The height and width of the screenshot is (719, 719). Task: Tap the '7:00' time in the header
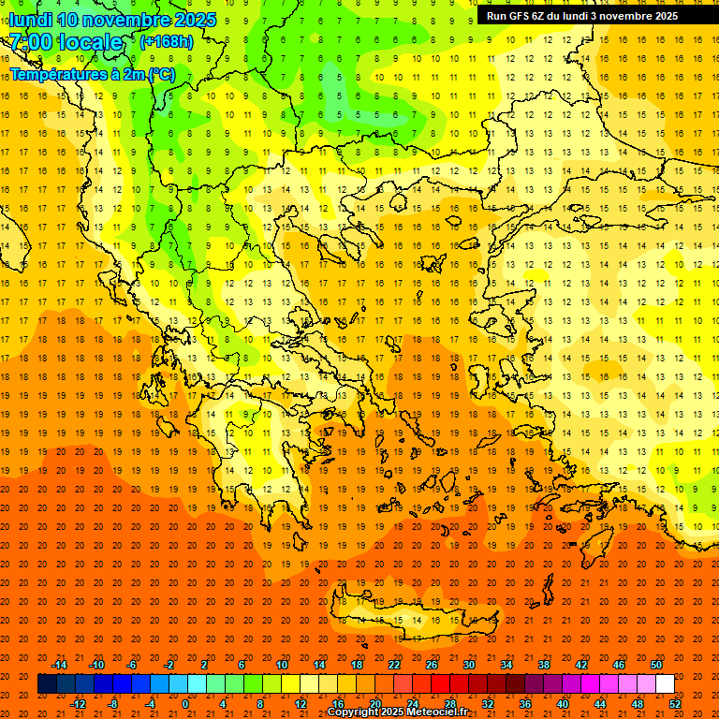(x=32, y=42)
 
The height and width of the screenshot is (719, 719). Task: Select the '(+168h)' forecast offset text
(x=166, y=42)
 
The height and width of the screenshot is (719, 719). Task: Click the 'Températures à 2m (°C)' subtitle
(x=92, y=73)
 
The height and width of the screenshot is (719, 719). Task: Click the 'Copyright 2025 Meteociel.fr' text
(x=397, y=712)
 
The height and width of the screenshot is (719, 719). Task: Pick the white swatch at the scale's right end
(x=665, y=684)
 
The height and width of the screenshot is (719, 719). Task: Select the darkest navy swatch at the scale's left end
(x=47, y=684)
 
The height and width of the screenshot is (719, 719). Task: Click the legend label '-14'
(x=59, y=665)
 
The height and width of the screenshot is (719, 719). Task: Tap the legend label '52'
(x=676, y=704)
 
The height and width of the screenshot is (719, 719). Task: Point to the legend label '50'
(x=656, y=665)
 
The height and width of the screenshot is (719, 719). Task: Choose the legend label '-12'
(x=78, y=704)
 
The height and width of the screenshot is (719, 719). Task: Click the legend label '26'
(x=432, y=665)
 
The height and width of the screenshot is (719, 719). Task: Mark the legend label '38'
(x=544, y=665)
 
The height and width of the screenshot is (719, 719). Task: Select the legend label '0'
(x=185, y=704)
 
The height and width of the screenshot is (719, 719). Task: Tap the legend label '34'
(x=506, y=665)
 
